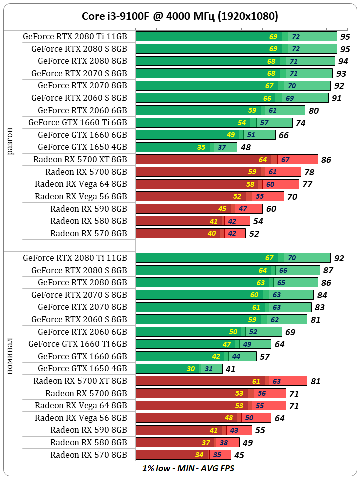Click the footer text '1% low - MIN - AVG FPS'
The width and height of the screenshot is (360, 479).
click(188, 469)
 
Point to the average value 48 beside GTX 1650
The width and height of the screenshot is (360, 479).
click(245, 148)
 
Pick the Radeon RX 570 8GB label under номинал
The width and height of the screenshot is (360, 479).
click(89, 455)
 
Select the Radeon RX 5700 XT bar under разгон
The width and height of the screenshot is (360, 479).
click(226, 159)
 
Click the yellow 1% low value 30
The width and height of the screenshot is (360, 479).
click(191, 369)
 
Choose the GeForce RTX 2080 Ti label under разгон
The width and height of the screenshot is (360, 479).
click(75, 36)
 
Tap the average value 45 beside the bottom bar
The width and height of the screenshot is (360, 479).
click(239, 455)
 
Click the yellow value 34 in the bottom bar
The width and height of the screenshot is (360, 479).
click(199, 455)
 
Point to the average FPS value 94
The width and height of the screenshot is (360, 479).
click(343, 61)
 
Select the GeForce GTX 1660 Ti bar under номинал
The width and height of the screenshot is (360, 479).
click(203, 344)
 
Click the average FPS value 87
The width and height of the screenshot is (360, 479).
click(328, 270)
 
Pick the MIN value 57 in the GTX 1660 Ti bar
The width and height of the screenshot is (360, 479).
click(264, 123)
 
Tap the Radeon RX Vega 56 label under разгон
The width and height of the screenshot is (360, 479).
click(81, 196)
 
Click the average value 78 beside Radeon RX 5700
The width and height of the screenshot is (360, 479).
click(309, 172)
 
